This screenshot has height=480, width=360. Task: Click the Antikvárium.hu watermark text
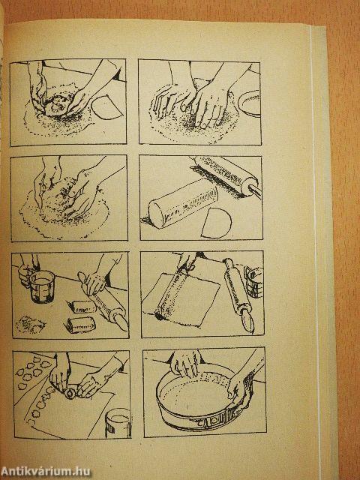(46, 472)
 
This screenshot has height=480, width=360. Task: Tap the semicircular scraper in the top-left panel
(107, 108)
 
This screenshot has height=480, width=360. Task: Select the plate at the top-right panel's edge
(250, 103)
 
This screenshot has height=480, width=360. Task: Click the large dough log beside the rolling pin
(183, 202)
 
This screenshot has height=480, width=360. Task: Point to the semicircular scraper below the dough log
(216, 223)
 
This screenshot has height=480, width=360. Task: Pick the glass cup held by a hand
(42, 286)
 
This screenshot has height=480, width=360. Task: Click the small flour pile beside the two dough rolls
(30, 324)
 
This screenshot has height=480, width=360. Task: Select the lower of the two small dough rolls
(80, 325)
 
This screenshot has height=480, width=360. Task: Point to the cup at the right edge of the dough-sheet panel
(254, 282)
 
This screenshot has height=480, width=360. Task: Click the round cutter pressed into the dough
(70, 393)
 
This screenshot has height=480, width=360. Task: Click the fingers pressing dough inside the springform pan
(185, 365)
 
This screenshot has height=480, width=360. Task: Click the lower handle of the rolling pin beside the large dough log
(255, 190)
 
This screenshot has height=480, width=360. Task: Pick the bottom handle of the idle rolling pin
(247, 320)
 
